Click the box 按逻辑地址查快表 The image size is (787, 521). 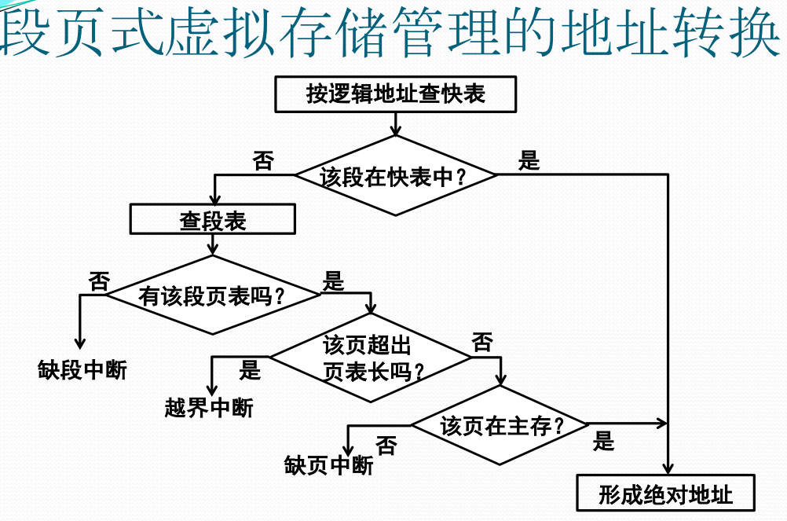[x=396, y=94]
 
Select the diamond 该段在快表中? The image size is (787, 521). [x=396, y=176]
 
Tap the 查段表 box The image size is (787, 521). [x=213, y=220]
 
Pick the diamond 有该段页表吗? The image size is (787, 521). [x=213, y=295]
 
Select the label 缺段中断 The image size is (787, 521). [x=82, y=369]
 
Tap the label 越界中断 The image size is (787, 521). [x=209, y=408]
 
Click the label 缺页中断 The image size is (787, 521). [x=328, y=465]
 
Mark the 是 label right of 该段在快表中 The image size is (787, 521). [x=529, y=161]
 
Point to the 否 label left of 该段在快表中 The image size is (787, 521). [x=263, y=161]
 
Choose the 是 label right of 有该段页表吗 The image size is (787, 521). [x=335, y=281]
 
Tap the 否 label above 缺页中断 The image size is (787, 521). [x=386, y=446]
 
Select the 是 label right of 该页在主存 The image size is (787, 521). [x=604, y=441]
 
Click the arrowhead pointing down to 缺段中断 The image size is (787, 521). [x=80, y=343]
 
